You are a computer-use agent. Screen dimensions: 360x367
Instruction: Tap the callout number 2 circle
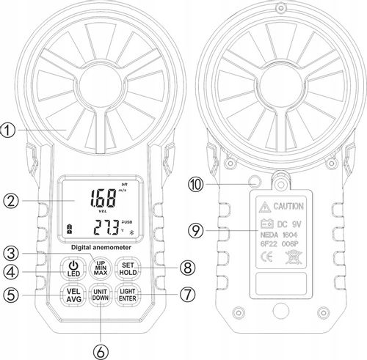8,199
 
